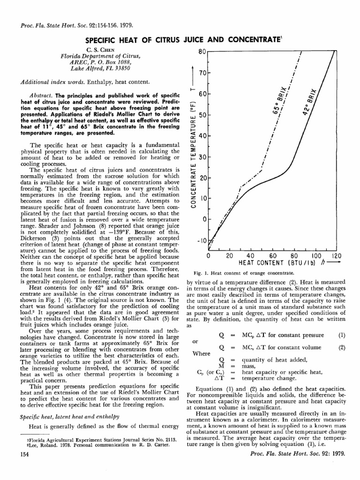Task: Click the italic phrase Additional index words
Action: coord(50,82)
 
